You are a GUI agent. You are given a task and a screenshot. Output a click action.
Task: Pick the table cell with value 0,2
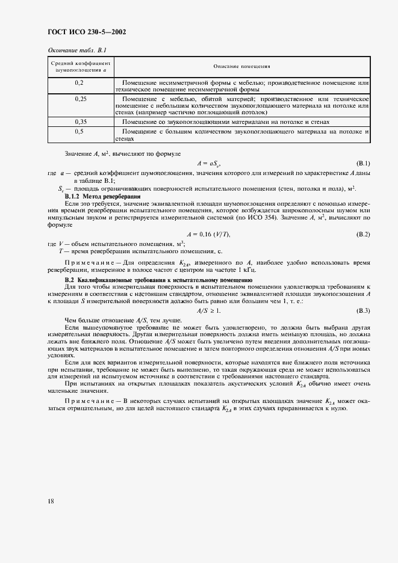pos(79,81)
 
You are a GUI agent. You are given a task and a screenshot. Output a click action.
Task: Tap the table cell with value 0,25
pos(79,97)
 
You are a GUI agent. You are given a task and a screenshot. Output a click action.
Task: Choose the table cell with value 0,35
pos(79,122)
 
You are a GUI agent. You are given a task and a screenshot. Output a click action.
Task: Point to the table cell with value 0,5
pos(79,131)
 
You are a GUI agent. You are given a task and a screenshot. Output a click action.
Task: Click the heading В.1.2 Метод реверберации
pos(102,197)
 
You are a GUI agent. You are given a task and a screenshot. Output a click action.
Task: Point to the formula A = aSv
pos(208,164)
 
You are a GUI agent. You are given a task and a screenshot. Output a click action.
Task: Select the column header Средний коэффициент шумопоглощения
pos(80,66)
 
